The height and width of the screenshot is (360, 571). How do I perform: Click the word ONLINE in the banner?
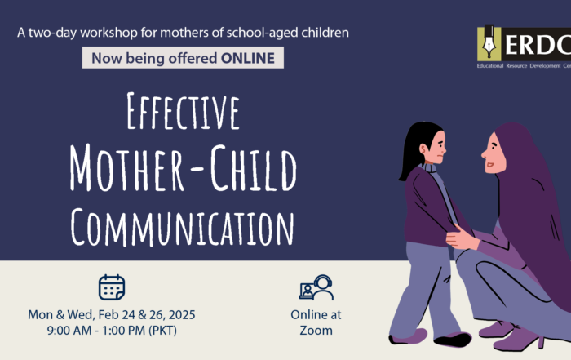(x=248, y=58)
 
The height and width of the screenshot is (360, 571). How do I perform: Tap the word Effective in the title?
(x=184, y=112)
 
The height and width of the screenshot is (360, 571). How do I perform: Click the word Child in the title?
(x=254, y=168)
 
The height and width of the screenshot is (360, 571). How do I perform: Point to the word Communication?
(x=182, y=227)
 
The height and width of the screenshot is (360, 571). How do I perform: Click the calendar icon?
(x=112, y=287)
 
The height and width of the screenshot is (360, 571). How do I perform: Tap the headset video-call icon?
(x=316, y=287)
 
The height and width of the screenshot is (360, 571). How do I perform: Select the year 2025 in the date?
(x=182, y=315)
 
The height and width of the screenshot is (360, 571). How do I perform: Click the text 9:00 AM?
(x=69, y=331)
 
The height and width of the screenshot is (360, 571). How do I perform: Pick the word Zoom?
(x=316, y=331)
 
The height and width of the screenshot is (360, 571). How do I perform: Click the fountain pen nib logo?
(x=489, y=44)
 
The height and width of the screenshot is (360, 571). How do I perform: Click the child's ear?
(x=423, y=149)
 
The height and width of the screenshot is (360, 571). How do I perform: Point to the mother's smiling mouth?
(x=490, y=166)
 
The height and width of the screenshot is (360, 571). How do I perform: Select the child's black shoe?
(x=452, y=340)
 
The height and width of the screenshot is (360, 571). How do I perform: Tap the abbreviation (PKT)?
(x=162, y=331)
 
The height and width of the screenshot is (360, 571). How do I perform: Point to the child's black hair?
(x=414, y=146)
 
